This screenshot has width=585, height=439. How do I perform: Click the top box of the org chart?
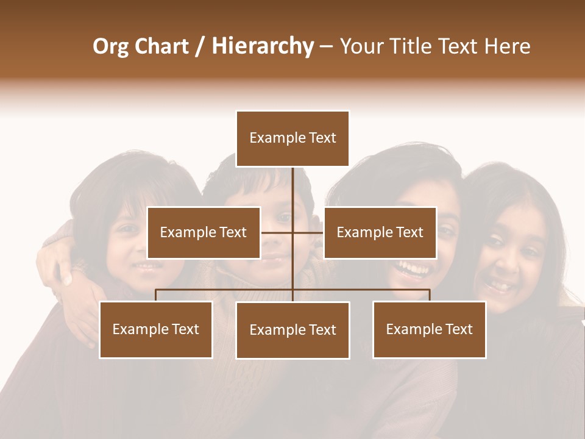pyautogui.click(x=292, y=138)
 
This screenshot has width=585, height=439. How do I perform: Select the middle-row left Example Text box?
pyautogui.click(x=204, y=232)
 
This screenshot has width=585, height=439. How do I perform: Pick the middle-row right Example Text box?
pyautogui.click(x=380, y=232)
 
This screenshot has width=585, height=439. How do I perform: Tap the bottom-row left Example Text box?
pyautogui.click(x=156, y=329)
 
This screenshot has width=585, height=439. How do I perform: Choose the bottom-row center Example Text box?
pyautogui.click(x=292, y=330)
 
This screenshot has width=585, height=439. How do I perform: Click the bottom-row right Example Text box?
pyautogui.click(x=429, y=329)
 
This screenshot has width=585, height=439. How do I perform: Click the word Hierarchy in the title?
pyautogui.click(x=263, y=46)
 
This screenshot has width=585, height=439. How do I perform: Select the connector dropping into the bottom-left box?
pyautogui.click(x=156, y=295)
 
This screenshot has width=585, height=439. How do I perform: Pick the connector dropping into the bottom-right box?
pyautogui.click(x=429, y=295)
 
